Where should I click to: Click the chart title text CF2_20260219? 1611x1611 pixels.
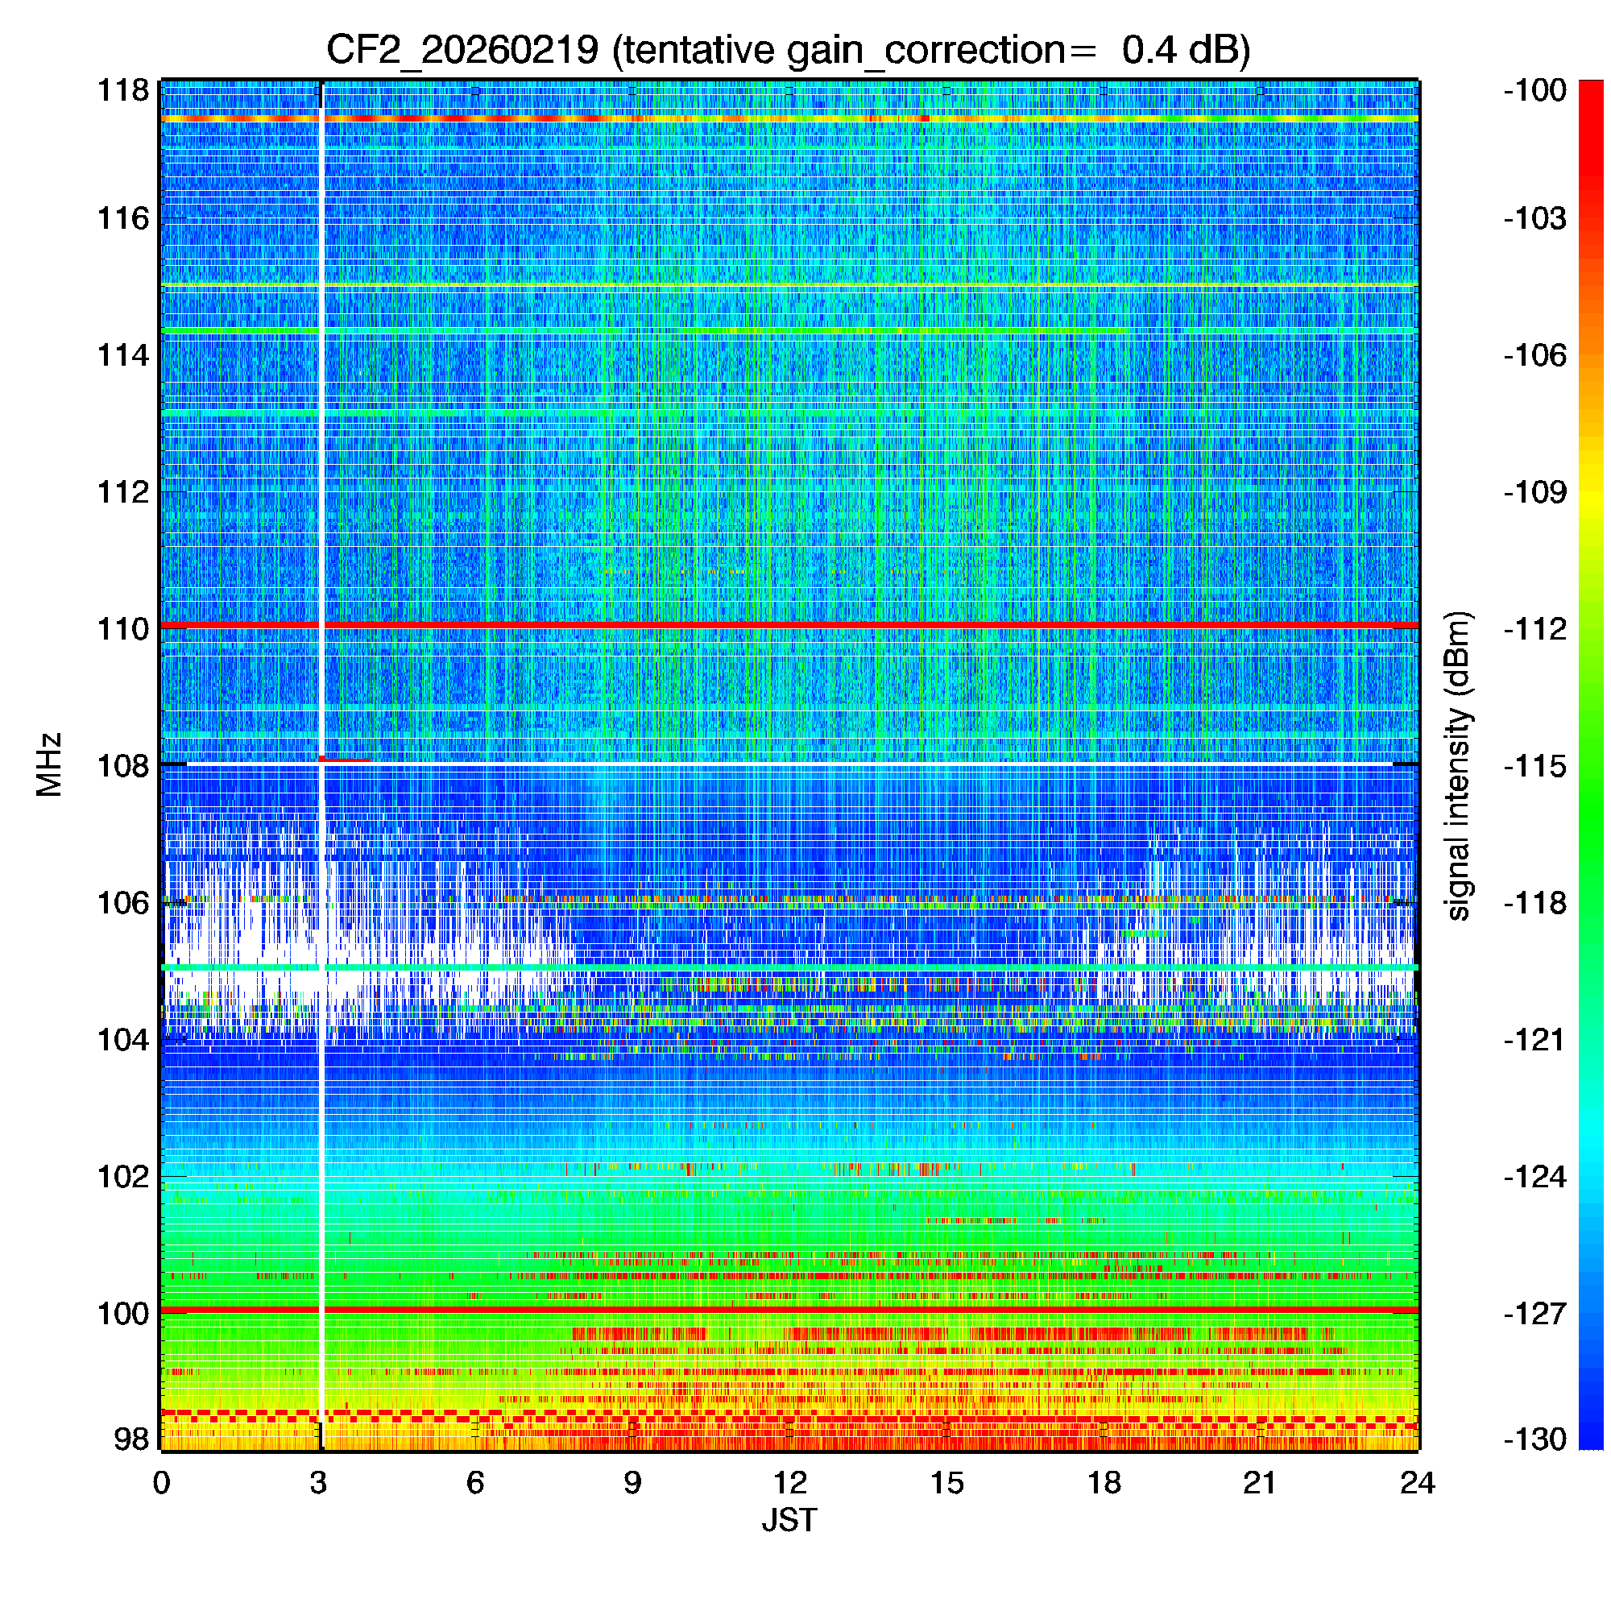point(462,50)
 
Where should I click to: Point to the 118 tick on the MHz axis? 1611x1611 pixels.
point(123,90)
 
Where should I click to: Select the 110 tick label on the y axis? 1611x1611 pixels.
point(123,629)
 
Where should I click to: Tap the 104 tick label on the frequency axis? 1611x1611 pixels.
point(123,1040)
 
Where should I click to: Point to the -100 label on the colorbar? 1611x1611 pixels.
point(1535,90)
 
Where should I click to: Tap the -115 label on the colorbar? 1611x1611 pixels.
point(1535,765)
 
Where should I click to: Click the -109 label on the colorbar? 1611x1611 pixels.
point(1535,492)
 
